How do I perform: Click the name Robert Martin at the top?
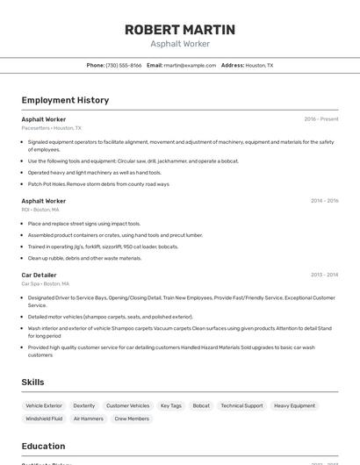[x=180, y=30]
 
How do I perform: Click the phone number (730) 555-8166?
[x=124, y=66]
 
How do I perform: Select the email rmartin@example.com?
[x=190, y=66]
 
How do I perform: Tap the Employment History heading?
[x=65, y=100]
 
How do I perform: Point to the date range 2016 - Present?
[x=321, y=119]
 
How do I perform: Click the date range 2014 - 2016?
[x=324, y=201]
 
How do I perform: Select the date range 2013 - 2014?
[x=324, y=275]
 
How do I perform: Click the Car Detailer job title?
[x=39, y=275]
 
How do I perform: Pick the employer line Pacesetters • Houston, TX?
[x=51, y=128]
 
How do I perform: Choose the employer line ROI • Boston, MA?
[x=40, y=210]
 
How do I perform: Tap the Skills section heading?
[x=32, y=382]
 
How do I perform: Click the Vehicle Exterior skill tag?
[x=44, y=406]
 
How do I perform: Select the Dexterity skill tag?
[x=84, y=406]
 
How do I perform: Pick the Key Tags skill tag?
[x=171, y=406]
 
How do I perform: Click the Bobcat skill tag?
[x=201, y=406]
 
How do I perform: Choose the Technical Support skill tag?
[x=241, y=406]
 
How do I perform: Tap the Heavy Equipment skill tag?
[x=294, y=406]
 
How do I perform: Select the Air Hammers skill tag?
[x=88, y=419]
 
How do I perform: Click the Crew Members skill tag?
[x=132, y=419]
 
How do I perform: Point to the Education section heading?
[x=43, y=446]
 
